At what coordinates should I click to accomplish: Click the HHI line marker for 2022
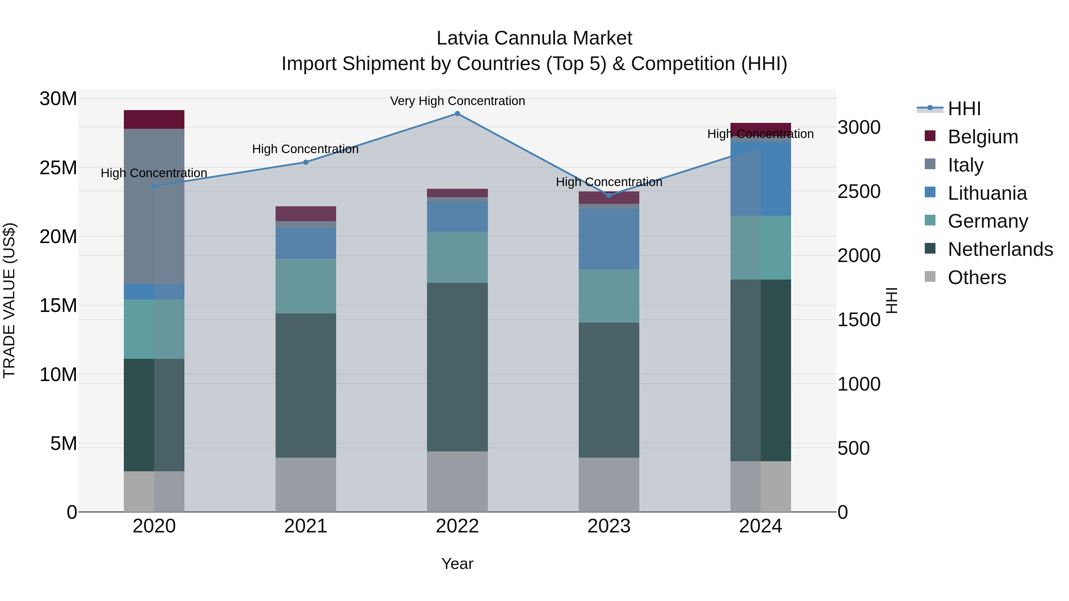point(457,114)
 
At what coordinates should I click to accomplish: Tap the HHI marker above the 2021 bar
point(306,162)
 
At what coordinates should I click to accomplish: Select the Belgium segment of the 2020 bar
point(154,119)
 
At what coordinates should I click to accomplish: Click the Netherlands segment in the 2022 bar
point(457,367)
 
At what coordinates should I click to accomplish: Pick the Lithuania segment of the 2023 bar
point(609,239)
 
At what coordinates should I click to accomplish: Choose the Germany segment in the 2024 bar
point(760,248)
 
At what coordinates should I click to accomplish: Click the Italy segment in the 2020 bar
point(154,206)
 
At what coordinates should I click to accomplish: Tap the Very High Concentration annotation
point(457,101)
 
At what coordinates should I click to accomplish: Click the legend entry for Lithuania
point(987,193)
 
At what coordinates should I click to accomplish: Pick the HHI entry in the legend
point(964,109)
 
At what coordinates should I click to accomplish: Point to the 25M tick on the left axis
point(58,168)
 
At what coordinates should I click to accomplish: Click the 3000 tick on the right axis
point(858,127)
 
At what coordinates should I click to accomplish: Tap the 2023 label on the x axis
point(609,526)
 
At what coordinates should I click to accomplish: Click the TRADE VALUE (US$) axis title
point(9,300)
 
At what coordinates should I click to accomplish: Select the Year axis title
point(457,564)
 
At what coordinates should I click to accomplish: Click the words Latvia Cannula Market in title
point(534,38)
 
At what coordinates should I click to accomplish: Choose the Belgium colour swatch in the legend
point(930,136)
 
